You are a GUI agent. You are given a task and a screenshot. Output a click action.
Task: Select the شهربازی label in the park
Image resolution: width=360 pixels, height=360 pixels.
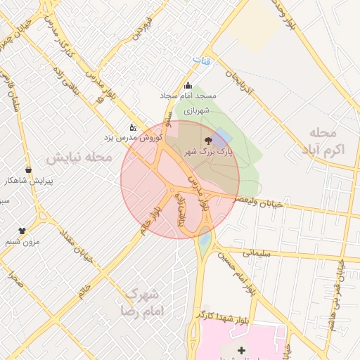[x=198, y=110]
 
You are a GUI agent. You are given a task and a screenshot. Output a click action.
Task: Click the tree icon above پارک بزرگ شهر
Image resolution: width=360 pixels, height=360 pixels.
[x=207, y=140]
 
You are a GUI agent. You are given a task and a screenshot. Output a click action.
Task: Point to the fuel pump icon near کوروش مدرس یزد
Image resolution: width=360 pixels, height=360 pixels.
[x=133, y=127]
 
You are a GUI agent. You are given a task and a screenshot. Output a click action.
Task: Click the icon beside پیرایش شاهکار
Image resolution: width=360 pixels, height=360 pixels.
[x=28, y=169]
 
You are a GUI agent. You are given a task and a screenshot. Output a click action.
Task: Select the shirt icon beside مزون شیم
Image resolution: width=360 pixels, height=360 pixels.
[x=22, y=230]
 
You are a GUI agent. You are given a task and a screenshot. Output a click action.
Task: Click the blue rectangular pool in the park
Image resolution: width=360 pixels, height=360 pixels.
[x=222, y=138]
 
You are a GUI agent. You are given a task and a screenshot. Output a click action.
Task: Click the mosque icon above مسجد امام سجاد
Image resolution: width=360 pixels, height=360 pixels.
[x=188, y=86]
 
